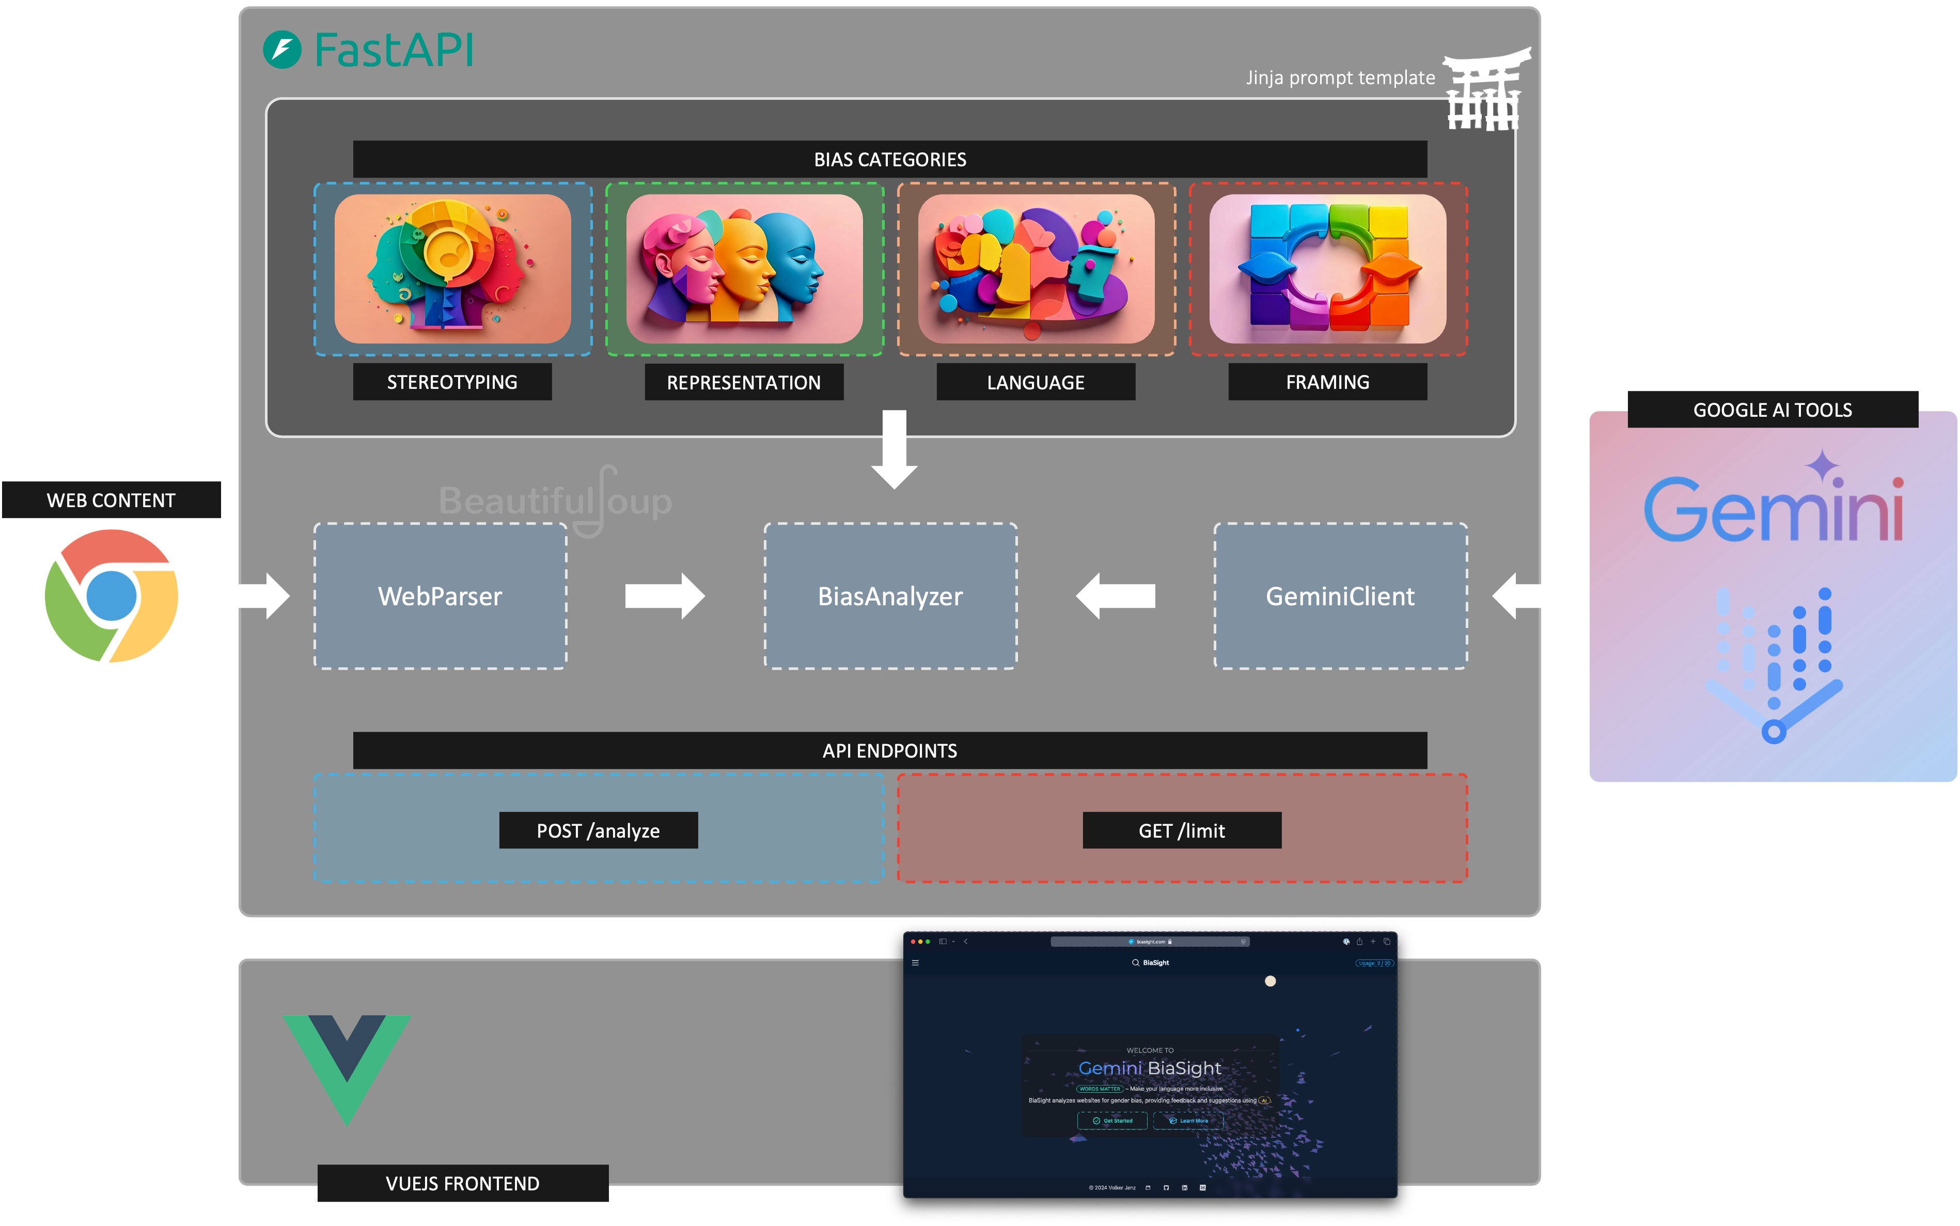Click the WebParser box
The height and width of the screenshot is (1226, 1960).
coord(441,596)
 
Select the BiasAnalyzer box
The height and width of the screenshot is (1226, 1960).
coord(890,596)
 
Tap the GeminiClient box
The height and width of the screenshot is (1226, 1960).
coord(1340,596)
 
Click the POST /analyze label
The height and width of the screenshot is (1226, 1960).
coord(599,830)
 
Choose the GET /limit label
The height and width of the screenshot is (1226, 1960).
coord(1182,830)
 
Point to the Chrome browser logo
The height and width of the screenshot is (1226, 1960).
coord(111,596)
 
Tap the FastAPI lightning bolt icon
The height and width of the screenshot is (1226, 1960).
coord(282,50)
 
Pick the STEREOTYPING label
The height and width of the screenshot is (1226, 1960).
coord(452,382)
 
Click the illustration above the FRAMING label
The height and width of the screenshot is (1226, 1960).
coord(1327,269)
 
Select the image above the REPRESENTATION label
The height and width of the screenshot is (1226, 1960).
coord(744,269)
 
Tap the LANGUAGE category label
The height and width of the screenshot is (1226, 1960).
coord(1036,382)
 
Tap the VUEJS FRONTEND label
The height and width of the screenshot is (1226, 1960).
coord(462,1183)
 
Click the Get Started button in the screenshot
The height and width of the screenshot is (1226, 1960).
coord(1112,1121)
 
